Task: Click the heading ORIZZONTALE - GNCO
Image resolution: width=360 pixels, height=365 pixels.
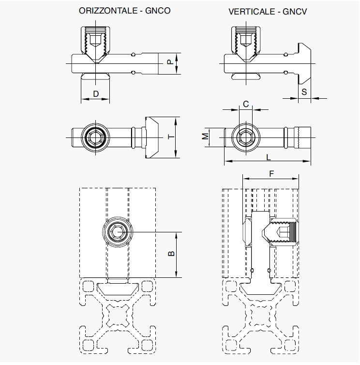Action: [124, 11]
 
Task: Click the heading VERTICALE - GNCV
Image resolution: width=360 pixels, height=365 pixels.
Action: [268, 11]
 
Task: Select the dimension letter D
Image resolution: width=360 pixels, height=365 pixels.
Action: [95, 93]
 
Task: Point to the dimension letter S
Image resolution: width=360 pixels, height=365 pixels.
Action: [304, 91]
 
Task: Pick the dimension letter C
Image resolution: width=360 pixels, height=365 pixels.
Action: [245, 104]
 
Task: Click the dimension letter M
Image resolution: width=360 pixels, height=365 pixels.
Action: [206, 137]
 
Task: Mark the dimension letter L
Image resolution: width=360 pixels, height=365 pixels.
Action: [269, 157]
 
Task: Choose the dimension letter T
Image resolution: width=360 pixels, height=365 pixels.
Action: [170, 137]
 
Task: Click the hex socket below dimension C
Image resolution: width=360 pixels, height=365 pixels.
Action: [245, 138]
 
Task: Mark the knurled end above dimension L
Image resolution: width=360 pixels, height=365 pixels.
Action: [304, 138]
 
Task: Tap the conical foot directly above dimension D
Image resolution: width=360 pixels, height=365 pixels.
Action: [95, 76]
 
